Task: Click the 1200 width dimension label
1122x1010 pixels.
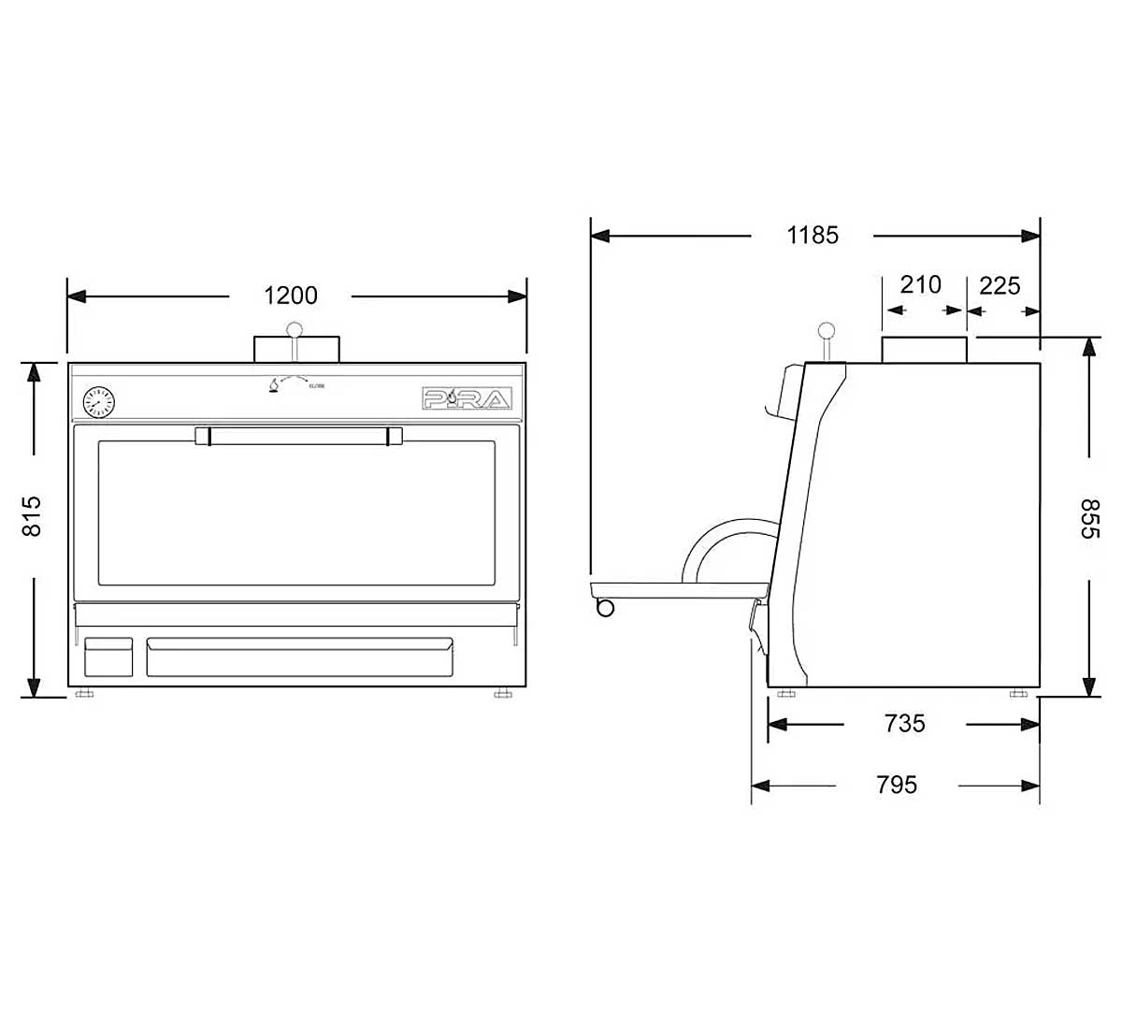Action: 291,296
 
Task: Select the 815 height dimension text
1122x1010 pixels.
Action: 32,516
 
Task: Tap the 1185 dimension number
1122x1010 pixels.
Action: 812,235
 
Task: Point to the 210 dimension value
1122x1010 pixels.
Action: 920,284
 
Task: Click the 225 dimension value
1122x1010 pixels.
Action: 999,284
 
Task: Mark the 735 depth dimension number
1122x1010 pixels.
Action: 904,723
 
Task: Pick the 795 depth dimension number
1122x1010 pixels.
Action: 897,785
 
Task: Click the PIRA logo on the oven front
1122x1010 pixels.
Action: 467,399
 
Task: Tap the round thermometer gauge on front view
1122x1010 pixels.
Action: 98,402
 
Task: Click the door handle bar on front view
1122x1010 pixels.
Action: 298,436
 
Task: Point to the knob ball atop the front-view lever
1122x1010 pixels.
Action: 295,329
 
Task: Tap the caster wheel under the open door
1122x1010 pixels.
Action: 605,608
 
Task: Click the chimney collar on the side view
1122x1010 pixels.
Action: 924,350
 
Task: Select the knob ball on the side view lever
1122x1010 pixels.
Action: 827,330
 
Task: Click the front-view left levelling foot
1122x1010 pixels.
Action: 84,694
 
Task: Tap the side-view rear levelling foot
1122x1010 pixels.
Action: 1019,694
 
